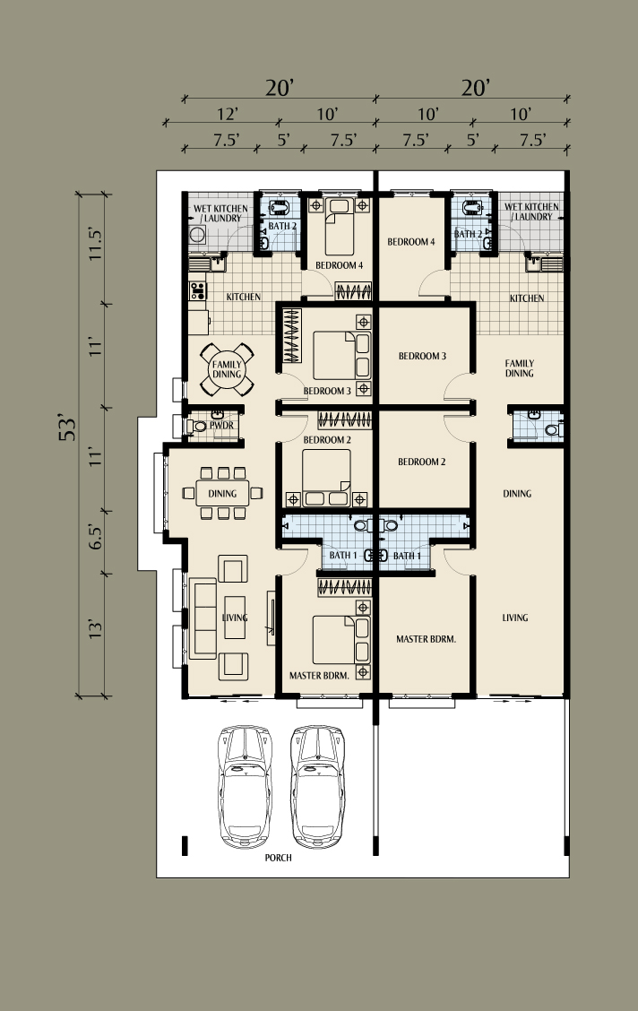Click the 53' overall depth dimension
(68, 428)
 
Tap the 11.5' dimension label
(96, 244)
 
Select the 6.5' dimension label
(95, 537)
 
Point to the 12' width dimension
(228, 114)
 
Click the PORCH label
(279, 858)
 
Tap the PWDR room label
(221, 426)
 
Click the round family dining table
(227, 369)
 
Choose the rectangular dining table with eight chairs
(222, 493)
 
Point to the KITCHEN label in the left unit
(244, 298)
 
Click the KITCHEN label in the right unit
(527, 298)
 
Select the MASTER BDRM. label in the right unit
(426, 639)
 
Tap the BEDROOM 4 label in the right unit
(411, 242)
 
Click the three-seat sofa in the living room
(203, 618)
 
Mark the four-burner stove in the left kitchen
(197, 290)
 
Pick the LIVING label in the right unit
(515, 618)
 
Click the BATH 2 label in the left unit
(282, 227)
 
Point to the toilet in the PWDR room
(195, 427)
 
